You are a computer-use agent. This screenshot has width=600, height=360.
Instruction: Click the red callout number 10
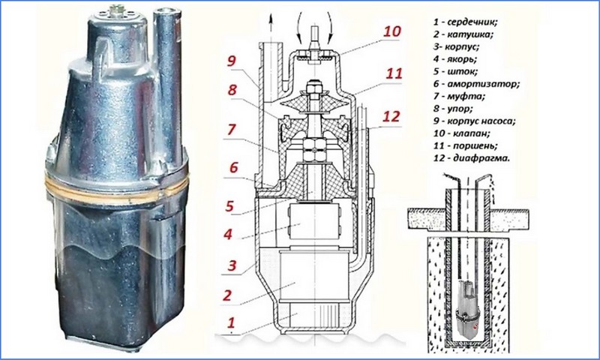point(391,31)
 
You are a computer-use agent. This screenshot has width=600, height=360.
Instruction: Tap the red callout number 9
point(231,61)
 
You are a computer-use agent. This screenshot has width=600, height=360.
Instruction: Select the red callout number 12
point(391,116)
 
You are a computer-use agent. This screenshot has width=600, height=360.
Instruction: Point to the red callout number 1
point(230,323)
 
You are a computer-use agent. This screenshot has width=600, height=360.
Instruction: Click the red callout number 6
point(233,167)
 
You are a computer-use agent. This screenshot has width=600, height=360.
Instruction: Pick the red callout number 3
point(232,265)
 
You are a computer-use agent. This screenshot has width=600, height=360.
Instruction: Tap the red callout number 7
point(231,129)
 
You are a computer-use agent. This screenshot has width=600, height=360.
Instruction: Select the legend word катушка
point(471,34)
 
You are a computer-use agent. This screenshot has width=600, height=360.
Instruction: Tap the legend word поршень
point(475,145)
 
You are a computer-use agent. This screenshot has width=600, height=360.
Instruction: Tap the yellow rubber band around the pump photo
point(116,186)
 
